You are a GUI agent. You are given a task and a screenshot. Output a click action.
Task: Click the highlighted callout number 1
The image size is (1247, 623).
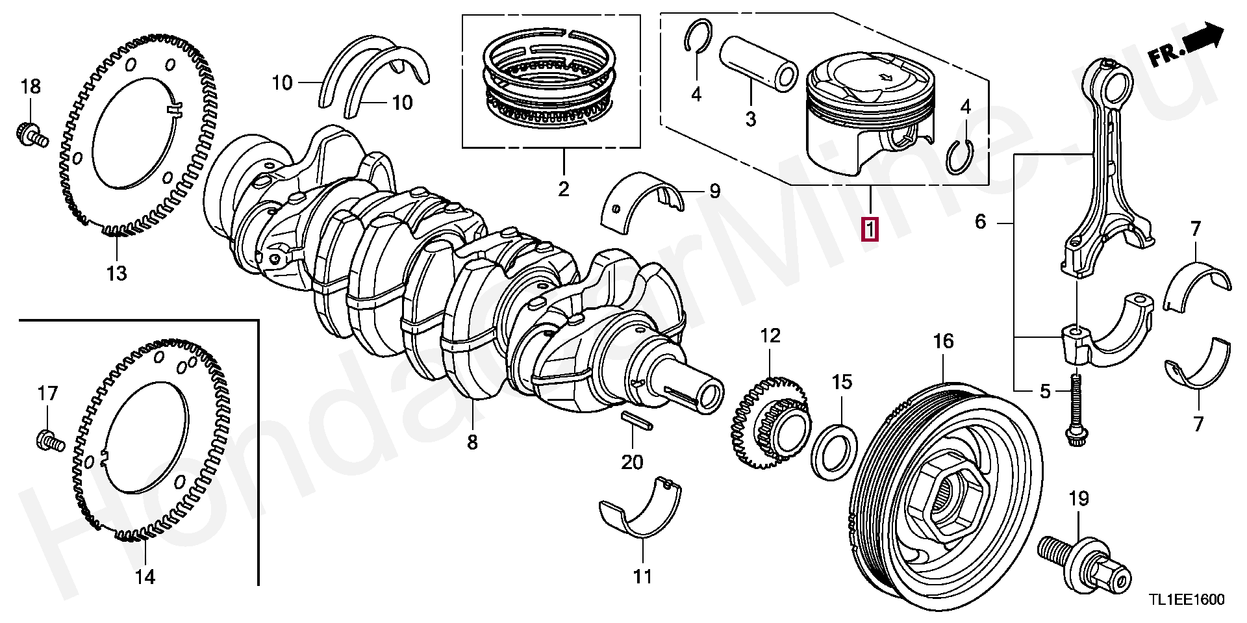pos(870,229)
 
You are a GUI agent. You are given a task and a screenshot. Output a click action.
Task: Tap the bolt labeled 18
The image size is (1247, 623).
pos(31,134)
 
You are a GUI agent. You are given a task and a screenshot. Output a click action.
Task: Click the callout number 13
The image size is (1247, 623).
pos(117,273)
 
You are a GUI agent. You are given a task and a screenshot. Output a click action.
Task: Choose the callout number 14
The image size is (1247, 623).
pos(145,576)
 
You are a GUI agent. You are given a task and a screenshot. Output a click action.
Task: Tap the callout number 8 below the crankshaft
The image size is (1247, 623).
pos(472,442)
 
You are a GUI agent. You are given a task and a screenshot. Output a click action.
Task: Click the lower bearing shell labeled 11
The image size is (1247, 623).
pos(641,508)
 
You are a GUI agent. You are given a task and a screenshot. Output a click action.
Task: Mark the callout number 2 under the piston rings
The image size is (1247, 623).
pos(563,189)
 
